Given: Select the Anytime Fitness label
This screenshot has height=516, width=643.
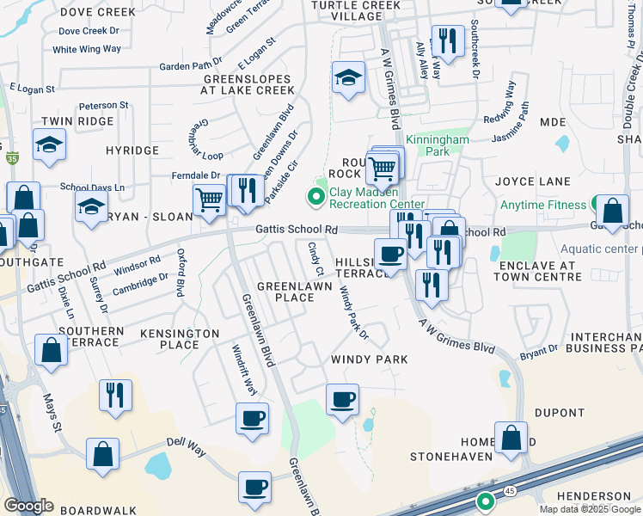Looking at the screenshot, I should (x=545, y=204).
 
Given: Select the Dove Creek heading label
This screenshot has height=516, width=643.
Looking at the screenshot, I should (x=86, y=12).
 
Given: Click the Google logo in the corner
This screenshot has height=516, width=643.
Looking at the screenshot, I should (x=28, y=506).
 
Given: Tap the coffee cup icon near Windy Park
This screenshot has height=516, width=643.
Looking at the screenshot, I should (x=342, y=400).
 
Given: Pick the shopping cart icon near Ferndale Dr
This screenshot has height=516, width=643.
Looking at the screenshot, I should (x=209, y=200).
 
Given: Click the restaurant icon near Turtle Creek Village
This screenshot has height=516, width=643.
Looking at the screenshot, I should (x=448, y=40).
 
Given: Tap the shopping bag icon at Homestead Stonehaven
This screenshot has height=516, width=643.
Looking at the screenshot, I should (x=511, y=437).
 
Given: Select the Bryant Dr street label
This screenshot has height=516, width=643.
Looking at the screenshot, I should (x=538, y=352).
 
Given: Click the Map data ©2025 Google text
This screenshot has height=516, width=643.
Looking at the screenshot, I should (x=590, y=509).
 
